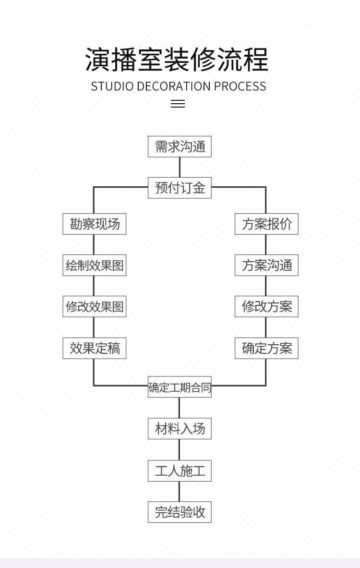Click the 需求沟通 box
180,147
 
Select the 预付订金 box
180,188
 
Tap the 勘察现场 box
95,224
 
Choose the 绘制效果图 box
95,266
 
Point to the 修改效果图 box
95,307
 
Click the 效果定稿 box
95,348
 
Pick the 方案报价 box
266,224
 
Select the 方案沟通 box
266,266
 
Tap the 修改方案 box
266,307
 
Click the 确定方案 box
266,348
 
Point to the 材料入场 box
180,428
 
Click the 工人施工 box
180,471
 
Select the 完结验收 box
180,512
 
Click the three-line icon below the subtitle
178,104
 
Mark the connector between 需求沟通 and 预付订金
180,167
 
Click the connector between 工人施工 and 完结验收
180,491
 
